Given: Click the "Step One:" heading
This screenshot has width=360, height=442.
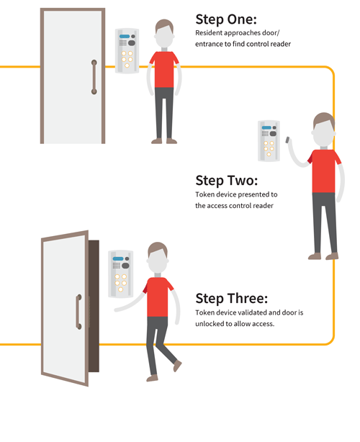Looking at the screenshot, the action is [x=226, y=19].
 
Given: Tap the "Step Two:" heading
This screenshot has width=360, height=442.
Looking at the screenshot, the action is [x=227, y=181].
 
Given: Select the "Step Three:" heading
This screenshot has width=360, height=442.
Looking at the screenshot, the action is [x=231, y=299].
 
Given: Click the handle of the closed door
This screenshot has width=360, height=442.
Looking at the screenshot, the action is [x=94, y=77].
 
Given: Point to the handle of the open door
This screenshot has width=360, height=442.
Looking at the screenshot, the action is [x=78, y=312].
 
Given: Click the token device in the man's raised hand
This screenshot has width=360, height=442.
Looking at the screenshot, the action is [x=287, y=140].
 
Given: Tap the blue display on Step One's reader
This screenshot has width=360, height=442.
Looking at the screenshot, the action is [x=125, y=37].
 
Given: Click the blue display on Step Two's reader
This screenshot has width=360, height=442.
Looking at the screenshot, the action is [x=266, y=127].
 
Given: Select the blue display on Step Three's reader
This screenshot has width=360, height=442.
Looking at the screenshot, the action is [x=118, y=258].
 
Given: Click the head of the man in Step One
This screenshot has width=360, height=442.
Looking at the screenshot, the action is [x=164, y=34].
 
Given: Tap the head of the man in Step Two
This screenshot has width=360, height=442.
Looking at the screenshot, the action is [x=323, y=130].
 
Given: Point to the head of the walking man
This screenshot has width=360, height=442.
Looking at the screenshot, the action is [x=158, y=258].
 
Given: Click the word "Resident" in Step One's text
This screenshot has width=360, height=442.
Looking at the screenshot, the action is [x=207, y=33].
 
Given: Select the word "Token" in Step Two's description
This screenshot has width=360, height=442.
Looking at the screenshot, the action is [x=203, y=194].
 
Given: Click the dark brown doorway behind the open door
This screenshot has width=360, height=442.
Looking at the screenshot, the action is [x=94, y=306].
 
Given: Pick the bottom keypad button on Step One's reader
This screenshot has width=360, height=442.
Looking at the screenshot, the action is [x=127, y=66].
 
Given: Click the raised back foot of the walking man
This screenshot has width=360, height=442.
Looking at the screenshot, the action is [x=177, y=366].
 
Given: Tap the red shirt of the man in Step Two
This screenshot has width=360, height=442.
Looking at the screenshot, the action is [x=323, y=171].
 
